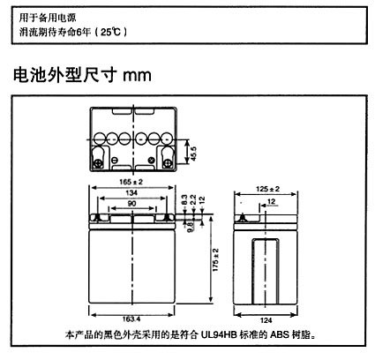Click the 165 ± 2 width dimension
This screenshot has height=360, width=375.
tap(131, 182)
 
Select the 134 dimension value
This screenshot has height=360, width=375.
tap(131, 192)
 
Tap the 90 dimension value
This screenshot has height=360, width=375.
tap(131, 204)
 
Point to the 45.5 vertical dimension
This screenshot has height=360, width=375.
tap(193, 154)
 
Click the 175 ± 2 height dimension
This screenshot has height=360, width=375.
tap(215, 260)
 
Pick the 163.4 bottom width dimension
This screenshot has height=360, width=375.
tap(131, 319)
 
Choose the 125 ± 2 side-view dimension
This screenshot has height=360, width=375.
tap(267, 189)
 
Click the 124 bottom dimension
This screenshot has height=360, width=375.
tap(266, 320)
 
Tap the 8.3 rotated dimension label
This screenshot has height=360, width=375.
tap(184, 200)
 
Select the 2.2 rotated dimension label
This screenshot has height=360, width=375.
tap(193, 200)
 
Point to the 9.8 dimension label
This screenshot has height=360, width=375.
tap(190, 227)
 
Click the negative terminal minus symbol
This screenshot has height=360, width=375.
tap(115, 160)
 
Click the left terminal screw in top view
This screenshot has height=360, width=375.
tap(97, 163)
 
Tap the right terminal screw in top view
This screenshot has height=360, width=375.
tap(168, 163)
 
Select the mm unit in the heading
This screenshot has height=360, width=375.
tap(137, 76)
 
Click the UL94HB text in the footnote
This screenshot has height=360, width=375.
tap(219, 335)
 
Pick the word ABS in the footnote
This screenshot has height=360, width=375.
tap(280, 335)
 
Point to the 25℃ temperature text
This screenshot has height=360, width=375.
tap(110, 32)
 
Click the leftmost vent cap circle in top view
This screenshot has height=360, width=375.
tap(99, 139)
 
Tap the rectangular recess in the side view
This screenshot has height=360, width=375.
tap(266, 271)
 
